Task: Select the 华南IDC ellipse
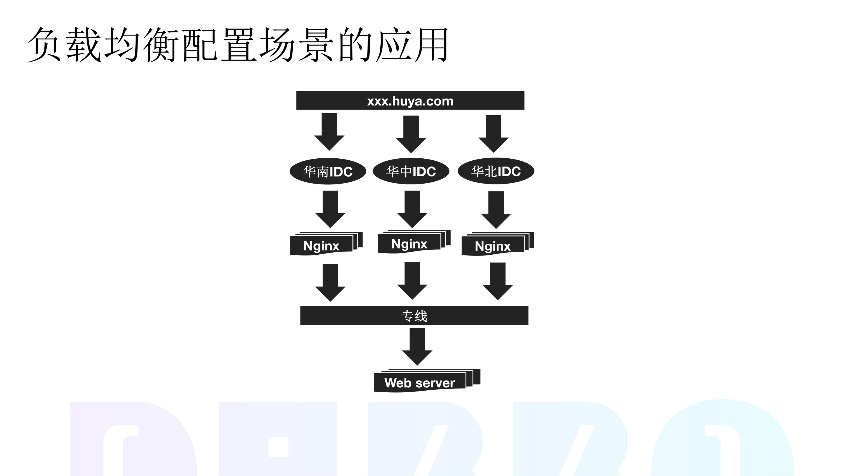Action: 328,172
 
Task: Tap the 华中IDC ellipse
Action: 411,171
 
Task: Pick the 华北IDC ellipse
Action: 496,171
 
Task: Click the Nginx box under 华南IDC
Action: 322,246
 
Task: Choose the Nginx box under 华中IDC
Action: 409,244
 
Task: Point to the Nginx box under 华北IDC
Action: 493,246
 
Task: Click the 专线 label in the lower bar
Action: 414,316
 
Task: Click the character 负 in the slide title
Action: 44,45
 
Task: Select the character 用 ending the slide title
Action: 431,45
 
